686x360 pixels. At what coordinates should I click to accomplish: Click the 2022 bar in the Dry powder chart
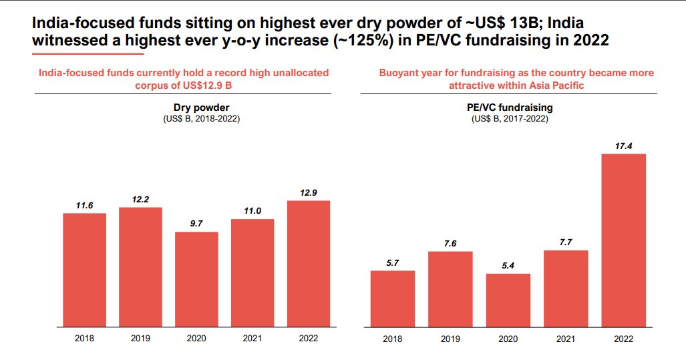coord(308,264)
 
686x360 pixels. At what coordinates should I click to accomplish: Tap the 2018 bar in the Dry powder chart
coord(84,270)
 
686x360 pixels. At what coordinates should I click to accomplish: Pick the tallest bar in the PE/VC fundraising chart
coord(624,240)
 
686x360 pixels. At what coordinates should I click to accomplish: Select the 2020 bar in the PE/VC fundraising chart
coord(508,301)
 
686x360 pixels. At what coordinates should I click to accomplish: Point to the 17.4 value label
coord(624,146)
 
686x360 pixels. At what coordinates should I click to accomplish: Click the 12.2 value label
coord(140,199)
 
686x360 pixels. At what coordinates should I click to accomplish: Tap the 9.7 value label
coord(196,224)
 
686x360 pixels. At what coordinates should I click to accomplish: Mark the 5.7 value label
coord(393,262)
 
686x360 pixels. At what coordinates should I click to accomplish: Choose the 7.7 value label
coord(566,242)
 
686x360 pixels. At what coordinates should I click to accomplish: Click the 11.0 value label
coord(252,211)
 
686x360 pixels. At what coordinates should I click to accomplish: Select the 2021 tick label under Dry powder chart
coord(252,339)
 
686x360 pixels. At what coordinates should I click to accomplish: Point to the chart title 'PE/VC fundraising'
coord(510,107)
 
